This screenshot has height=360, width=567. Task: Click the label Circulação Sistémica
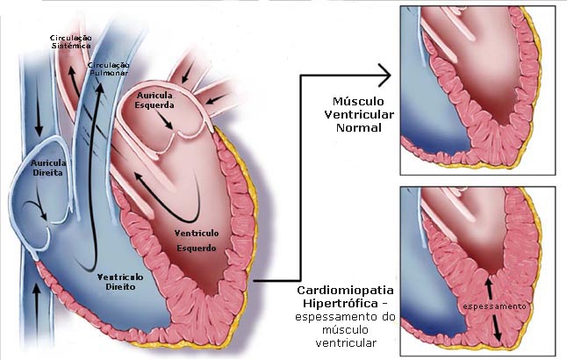tap(72, 41)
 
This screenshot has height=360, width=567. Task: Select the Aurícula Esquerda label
tap(154, 101)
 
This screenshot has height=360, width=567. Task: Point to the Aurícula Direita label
tap(47, 168)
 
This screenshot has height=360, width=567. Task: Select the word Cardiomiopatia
tap(344, 290)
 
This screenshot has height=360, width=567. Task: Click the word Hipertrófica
tap(338, 303)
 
